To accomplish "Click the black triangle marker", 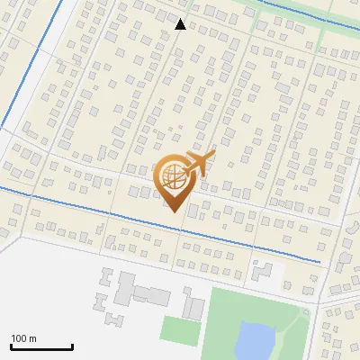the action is pos(180,24).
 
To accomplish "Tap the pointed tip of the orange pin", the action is pos(172,211).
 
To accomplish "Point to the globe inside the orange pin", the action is pos(171,176).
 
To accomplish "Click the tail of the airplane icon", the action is pos(210,155).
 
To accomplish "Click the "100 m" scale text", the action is pos(23,338).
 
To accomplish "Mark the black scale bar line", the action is pos(41,346).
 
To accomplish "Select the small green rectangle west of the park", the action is pos(180,329).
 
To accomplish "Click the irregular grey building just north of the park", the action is pos(262,269).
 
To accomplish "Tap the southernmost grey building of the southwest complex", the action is pos(113,319).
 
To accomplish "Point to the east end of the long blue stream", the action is pos(319,261).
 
